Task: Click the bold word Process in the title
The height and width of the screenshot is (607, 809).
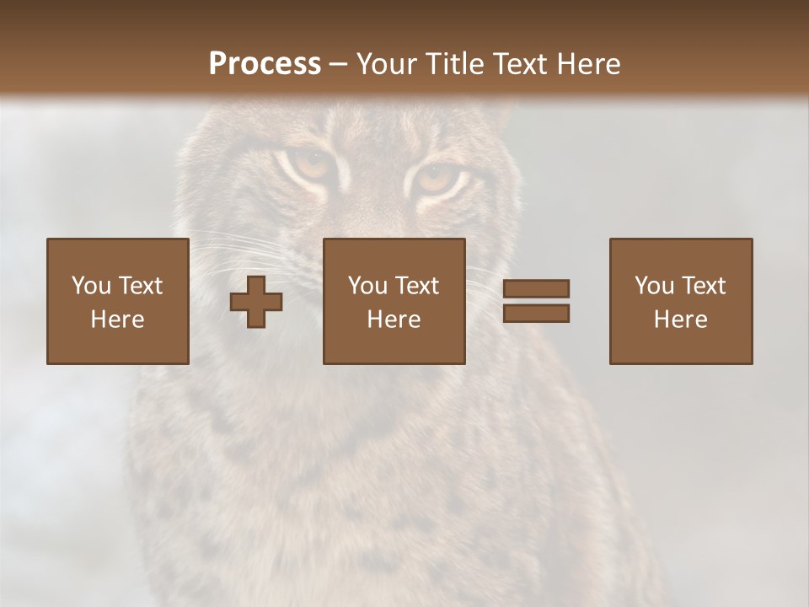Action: (x=265, y=64)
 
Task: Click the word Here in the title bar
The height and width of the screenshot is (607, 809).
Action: (x=587, y=64)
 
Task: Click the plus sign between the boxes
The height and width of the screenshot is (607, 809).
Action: (x=256, y=302)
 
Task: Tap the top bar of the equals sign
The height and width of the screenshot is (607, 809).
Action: (x=536, y=288)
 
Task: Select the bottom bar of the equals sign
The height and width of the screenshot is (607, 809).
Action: (x=536, y=314)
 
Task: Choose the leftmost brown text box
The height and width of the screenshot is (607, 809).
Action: (x=117, y=301)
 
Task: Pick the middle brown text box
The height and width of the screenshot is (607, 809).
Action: (x=394, y=301)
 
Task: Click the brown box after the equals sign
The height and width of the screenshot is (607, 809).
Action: (x=680, y=301)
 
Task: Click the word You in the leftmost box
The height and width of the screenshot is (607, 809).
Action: (x=89, y=286)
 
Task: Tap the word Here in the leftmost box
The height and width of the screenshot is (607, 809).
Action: (x=117, y=320)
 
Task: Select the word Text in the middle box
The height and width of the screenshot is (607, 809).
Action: (x=416, y=286)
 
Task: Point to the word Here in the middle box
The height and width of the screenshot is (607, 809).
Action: (x=394, y=320)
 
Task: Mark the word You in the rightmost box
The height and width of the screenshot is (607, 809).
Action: (x=653, y=286)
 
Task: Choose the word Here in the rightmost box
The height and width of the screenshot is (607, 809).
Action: (x=680, y=320)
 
